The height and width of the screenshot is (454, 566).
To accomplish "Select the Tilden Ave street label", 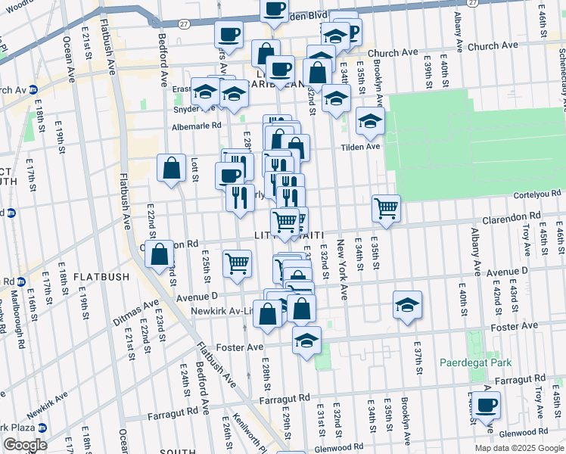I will [360, 147].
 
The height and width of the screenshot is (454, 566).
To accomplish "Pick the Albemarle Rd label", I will [196, 126].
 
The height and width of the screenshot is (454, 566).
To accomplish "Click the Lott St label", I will [194, 169].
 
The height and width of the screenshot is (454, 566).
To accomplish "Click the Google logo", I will [25, 444].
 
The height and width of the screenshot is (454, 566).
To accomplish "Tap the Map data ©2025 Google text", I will [518, 448].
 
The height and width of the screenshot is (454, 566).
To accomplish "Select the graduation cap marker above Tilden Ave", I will [370, 121].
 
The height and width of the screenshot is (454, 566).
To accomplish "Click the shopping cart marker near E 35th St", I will [386, 208].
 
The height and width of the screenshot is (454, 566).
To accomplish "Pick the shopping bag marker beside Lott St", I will [172, 168].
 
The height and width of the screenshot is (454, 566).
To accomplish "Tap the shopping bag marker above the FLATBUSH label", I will [160, 255].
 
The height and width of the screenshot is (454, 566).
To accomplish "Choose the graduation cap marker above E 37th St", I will [407, 305].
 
